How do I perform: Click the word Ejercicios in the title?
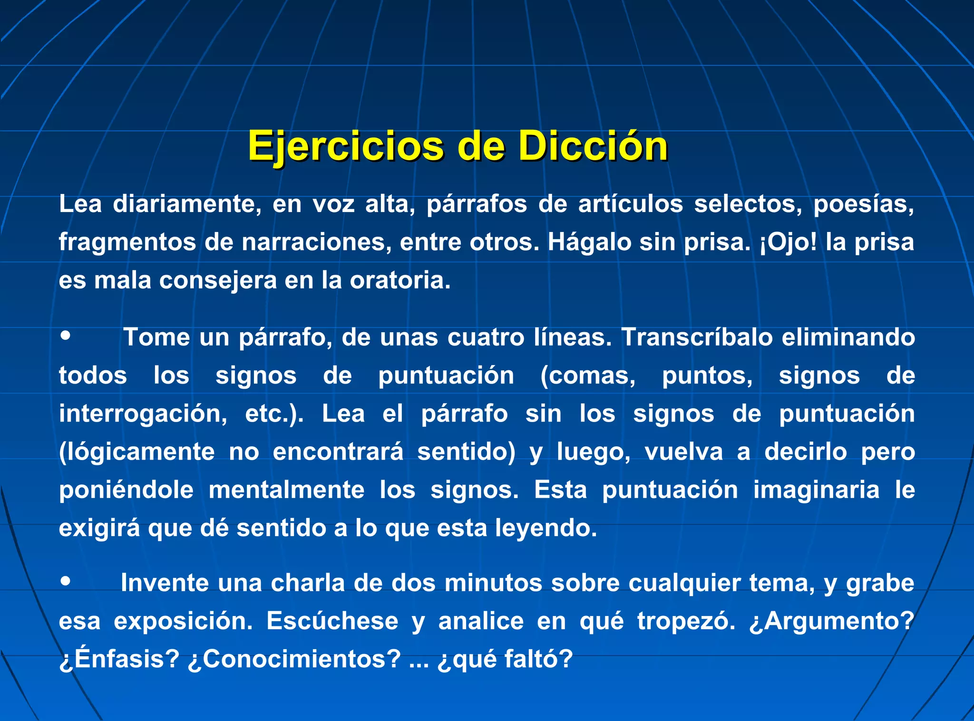click(x=346, y=146)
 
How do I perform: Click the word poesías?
click(x=863, y=204)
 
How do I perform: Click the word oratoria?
click(x=400, y=280)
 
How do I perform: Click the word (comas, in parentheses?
click(x=588, y=376)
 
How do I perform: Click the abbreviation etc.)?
click(x=274, y=414)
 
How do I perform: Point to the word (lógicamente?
click(x=137, y=452)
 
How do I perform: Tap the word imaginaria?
click(x=816, y=490)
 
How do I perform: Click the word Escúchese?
click(x=332, y=621)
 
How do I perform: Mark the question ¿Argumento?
click(x=831, y=621)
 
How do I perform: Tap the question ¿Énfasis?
click(x=119, y=659)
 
